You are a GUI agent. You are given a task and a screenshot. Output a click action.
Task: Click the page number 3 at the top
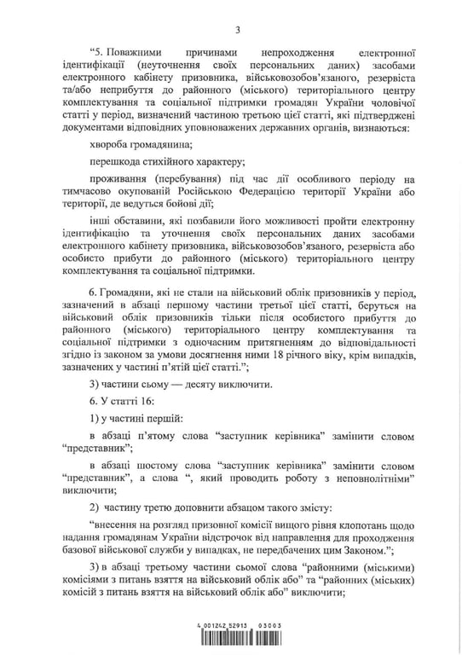tap(238, 32)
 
